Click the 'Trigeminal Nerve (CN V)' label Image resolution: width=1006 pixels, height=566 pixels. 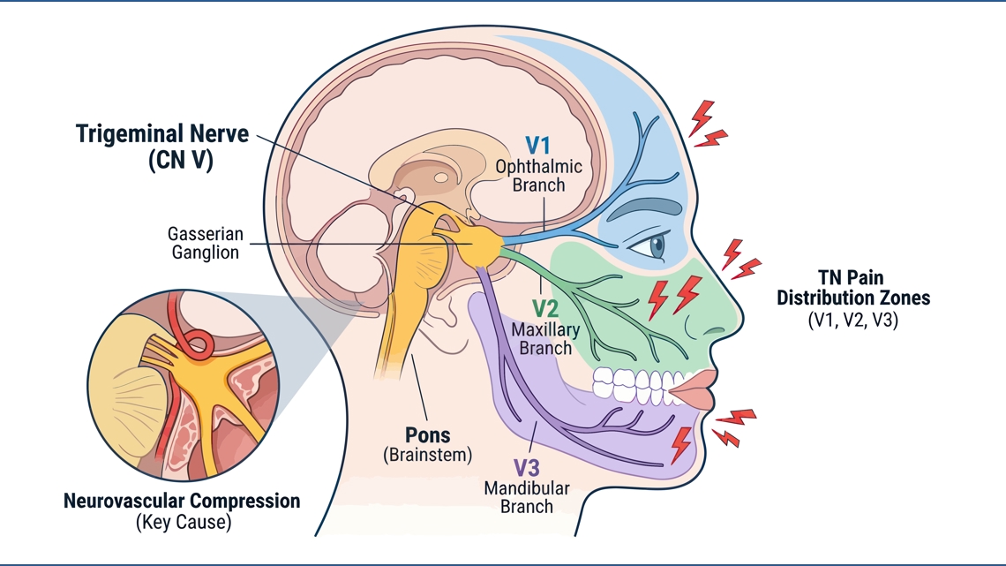point(162,147)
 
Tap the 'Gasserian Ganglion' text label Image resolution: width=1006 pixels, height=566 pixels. point(206,243)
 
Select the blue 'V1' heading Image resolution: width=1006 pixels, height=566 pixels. point(537,146)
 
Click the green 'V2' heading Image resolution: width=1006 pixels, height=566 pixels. point(545,309)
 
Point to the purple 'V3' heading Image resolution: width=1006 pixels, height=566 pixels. point(526,468)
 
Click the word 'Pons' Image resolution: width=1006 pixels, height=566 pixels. point(428,435)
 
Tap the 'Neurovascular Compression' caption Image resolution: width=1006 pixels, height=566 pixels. point(182,501)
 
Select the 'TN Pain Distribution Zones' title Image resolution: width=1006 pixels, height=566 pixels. point(853,288)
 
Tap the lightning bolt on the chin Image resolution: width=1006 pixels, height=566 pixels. point(680,445)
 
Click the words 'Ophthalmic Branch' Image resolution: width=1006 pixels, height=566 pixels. point(539,176)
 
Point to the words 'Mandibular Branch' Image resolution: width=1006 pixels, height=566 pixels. point(527,497)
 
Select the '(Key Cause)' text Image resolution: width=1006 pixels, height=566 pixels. point(184,522)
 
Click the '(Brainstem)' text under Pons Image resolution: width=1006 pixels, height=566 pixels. point(428,455)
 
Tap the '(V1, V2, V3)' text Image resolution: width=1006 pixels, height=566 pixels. point(853,320)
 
